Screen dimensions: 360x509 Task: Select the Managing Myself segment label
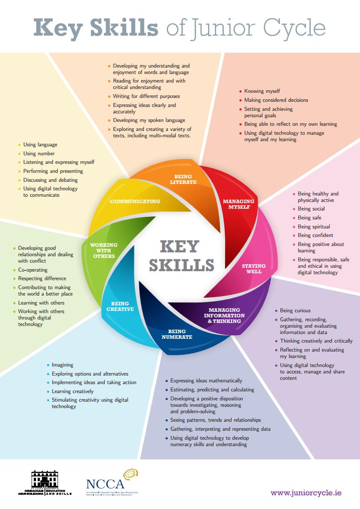(x=238, y=204)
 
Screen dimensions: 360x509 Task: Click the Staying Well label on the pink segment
(x=254, y=269)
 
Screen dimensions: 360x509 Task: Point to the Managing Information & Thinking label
(x=226, y=315)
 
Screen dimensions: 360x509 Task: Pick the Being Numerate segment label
(x=177, y=334)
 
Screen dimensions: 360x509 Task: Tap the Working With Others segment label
(x=103, y=251)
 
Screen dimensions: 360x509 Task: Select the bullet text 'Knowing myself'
(x=262, y=91)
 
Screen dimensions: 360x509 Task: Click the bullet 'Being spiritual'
(x=314, y=227)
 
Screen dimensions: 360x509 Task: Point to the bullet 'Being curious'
(x=295, y=311)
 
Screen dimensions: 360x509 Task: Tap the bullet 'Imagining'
(x=62, y=365)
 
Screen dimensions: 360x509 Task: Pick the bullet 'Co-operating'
(x=33, y=270)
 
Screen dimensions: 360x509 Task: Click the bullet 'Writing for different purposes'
(x=146, y=96)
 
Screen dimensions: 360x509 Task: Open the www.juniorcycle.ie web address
(x=306, y=493)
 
